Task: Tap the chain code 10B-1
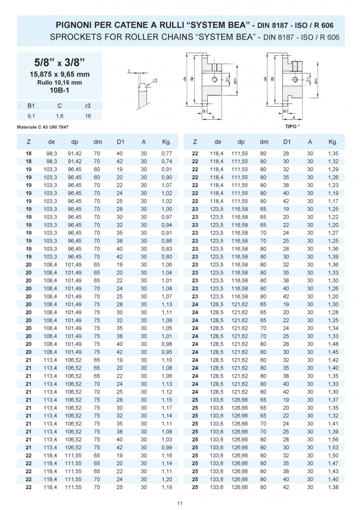pyautogui.click(x=59, y=91)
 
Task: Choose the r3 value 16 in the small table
pyautogui.click(x=88, y=116)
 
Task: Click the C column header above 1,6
pyautogui.click(x=59, y=106)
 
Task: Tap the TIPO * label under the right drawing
pyautogui.click(x=292, y=127)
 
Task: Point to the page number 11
pyautogui.click(x=180, y=504)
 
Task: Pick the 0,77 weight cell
pyautogui.click(x=167, y=155)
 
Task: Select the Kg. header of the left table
pyautogui.click(x=167, y=142)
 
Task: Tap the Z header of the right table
pyautogui.click(x=195, y=142)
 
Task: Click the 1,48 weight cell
pyautogui.click(x=333, y=344)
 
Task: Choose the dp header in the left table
pyautogui.click(x=74, y=142)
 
